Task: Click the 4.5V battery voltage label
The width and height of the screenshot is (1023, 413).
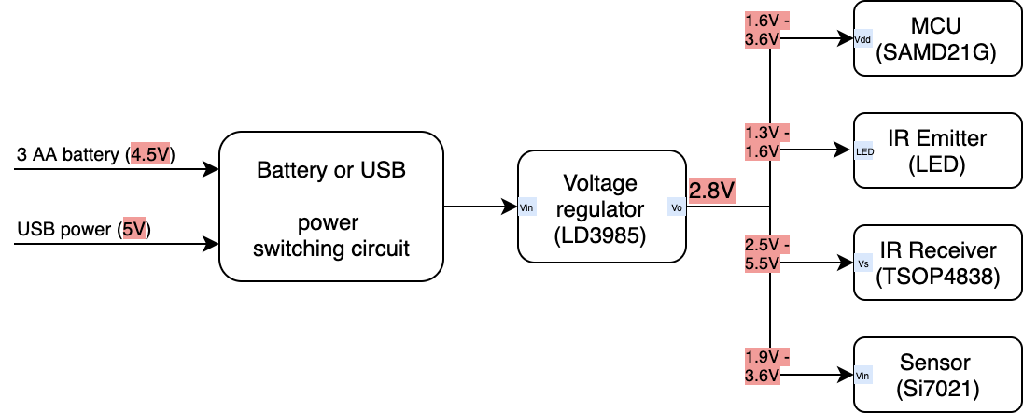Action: click(x=151, y=154)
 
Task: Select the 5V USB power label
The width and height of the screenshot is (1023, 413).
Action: click(x=135, y=229)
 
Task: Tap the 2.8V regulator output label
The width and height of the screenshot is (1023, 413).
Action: click(x=711, y=192)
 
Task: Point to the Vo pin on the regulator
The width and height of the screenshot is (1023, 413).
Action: click(x=677, y=207)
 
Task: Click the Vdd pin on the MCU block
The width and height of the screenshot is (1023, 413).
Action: click(x=863, y=40)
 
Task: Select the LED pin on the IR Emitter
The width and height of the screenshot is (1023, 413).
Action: click(x=864, y=150)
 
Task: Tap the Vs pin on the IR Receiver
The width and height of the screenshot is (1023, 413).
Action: click(x=863, y=263)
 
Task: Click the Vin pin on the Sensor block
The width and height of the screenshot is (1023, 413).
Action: click(x=863, y=375)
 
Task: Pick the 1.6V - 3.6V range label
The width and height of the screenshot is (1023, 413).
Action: click(x=767, y=31)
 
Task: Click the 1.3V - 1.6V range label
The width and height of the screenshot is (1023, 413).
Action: click(x=767, y=141)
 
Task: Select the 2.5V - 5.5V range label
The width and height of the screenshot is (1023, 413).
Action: click(x=767, y=253)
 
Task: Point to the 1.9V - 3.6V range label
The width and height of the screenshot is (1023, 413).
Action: click(x=767, y=365)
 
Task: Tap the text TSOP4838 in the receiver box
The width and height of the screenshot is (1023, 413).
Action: click(x=936, y=277)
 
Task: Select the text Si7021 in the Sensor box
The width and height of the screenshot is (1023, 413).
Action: click(x=936, y=388)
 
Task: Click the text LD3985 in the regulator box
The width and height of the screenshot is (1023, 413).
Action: click(x=600, y=230)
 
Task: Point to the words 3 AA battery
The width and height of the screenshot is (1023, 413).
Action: click(x=69, y=154)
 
